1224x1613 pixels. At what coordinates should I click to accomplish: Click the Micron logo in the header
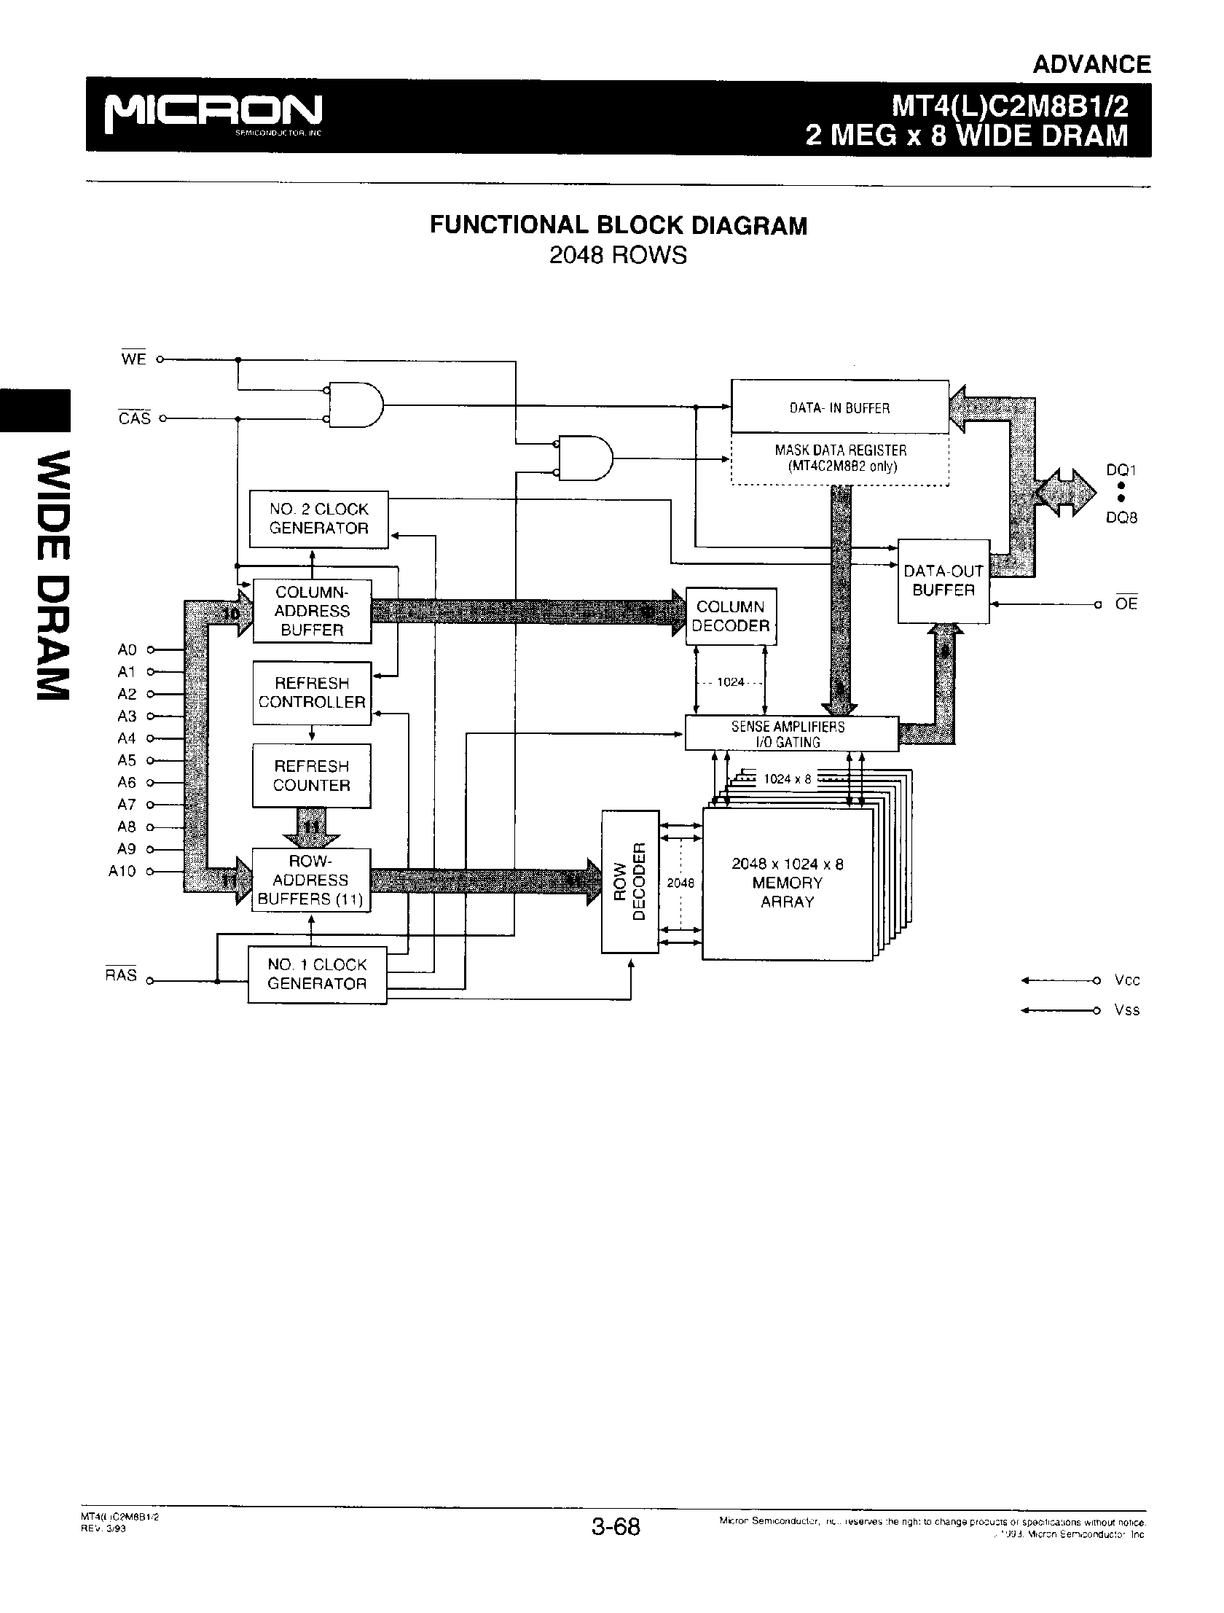(x=213, y=113)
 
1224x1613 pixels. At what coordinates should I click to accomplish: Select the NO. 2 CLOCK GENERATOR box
(x=318, y=519)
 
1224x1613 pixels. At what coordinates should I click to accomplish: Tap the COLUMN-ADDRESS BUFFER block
(x=312, y=611)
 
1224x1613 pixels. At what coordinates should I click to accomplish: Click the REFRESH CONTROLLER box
(x=312, y=692)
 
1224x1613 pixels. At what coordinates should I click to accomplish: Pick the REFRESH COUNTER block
(x=312, y=776)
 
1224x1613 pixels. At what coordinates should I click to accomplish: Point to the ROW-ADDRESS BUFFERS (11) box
(x=310, y=880)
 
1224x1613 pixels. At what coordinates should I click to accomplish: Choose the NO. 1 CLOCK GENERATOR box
(x=317, y=975)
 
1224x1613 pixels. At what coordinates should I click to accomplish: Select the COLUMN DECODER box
(x=731, y=616)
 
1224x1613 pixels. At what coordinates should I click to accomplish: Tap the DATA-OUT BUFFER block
(x=943, y=581)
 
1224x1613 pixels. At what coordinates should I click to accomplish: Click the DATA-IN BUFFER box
(x=840, y=407)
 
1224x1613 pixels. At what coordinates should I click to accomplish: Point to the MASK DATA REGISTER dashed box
(x=840, y=459)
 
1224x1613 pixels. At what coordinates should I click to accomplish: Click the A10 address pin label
(x=122, y=872)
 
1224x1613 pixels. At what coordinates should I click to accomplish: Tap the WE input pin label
(x=133, y=359)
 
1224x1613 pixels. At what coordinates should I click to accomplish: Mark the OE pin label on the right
(x=1126, y=604)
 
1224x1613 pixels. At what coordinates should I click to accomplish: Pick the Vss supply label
(x=1126, y=1011)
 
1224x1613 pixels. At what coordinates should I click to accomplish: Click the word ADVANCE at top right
(x=1091, y=65)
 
